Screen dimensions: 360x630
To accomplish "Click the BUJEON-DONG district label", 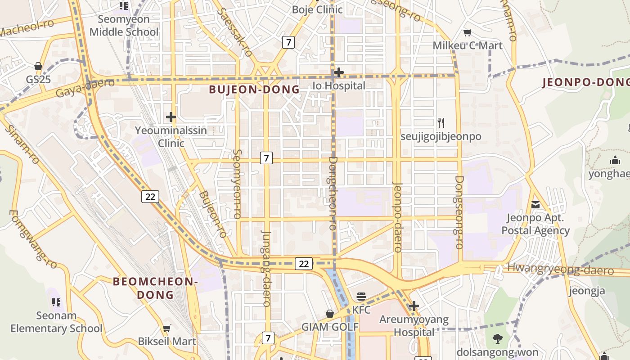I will click(254, 89).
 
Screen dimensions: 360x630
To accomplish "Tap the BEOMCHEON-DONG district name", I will click(155, 288).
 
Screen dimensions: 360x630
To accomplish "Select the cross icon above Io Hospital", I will click(339, 72).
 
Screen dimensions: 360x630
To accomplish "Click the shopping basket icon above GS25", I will click(38, 67).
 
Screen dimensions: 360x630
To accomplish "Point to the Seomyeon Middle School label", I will click(124, 26).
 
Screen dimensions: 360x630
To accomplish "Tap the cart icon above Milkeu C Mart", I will click(468, 33).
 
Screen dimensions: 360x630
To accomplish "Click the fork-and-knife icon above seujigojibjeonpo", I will click(441, 122).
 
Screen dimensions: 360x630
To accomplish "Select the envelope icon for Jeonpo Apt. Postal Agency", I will click(535, 205).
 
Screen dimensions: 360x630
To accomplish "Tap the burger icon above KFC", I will click(361, 297).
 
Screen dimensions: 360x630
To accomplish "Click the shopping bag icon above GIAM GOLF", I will click(330, 314).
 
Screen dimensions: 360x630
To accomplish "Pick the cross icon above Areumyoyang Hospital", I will click(414, 306).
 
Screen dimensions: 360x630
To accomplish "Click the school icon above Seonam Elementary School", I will click(56, 302).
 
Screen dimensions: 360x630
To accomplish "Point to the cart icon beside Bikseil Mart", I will click(167, 328).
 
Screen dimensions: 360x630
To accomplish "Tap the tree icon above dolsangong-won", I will click(497, 339).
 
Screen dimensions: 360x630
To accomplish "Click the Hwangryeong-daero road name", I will click(560, 269).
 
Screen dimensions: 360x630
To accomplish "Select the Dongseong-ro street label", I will click(459, 212).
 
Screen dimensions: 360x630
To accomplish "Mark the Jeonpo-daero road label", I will click(397, 217).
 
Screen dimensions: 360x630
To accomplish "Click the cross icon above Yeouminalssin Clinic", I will click(171, 117).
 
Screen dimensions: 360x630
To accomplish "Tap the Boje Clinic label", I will click(317, 9).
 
